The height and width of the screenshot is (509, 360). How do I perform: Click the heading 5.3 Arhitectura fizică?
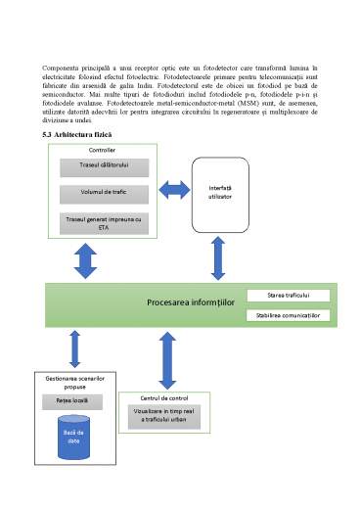pos(77,134)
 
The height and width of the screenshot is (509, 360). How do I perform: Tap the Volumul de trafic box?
pos(102,193)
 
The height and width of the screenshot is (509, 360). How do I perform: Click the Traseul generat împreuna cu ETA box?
pos(102,222)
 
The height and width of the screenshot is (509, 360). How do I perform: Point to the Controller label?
pos(102,150)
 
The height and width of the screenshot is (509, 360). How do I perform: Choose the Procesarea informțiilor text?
pos(191,303)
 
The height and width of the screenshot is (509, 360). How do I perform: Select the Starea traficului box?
pos(289,295)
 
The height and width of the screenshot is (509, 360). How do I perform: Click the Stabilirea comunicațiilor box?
pos(289,315)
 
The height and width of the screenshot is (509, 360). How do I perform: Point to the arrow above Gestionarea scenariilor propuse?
pos(73,348)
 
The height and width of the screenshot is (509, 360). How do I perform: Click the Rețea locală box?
pos(73,401)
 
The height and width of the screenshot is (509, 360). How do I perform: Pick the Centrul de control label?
pos(164,397)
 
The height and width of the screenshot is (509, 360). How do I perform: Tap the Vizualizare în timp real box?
pos(164,415)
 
